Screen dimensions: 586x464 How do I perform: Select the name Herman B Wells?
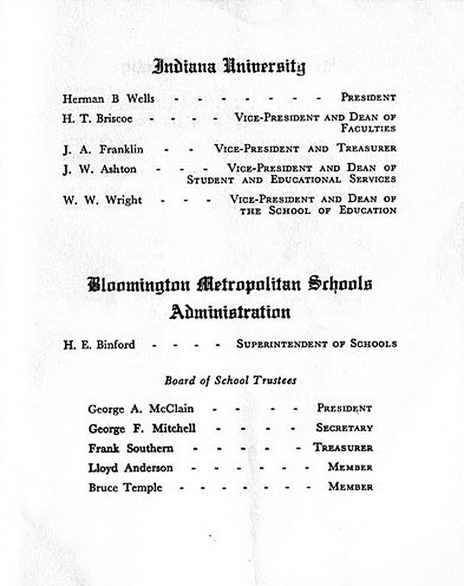tap(108, 99)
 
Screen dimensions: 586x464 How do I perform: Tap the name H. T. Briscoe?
tap(97, 118)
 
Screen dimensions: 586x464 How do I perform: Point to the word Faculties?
tap(368, 128)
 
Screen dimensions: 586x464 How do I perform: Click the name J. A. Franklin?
tap(103, 149)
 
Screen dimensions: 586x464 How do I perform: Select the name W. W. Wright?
tap(102, 200)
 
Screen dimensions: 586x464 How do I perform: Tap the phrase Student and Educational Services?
tap(291, 179)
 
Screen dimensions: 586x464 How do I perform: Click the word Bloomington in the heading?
tap(139, 285)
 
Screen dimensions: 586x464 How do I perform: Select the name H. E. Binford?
tap(99, 344)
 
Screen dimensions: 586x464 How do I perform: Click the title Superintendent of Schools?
tap(316, 343)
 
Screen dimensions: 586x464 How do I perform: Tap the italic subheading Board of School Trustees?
tap(230, 380)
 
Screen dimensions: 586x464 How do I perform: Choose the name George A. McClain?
tap(140, 408)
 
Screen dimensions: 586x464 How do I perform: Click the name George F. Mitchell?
tap(142, 428)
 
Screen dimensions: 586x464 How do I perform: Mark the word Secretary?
tap(344, 428)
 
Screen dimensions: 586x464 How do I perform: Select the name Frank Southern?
tap(130, 448)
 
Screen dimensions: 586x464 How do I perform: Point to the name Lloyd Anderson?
tap(130, 468)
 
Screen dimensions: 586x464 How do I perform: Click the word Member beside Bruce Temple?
tap(350, 487)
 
